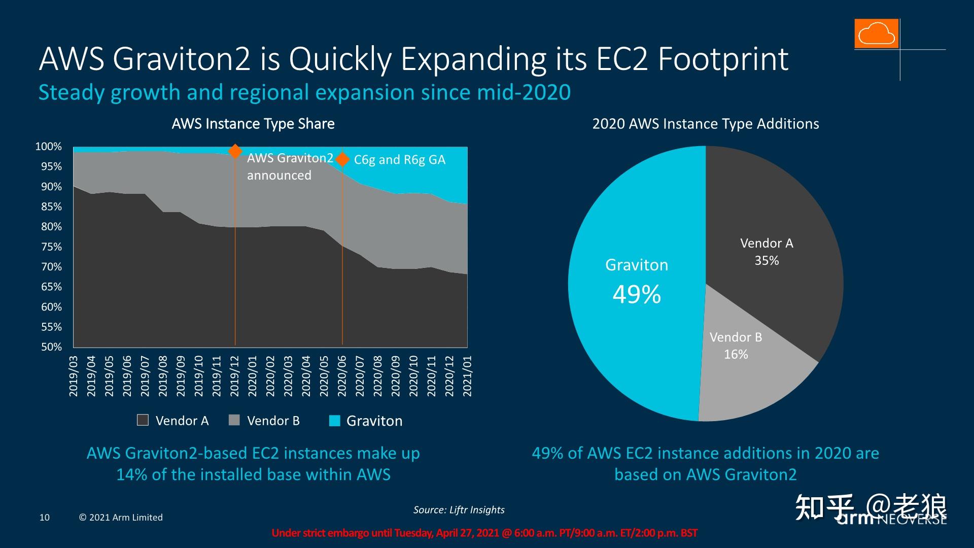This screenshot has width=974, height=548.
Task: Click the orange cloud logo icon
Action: click(876, 33)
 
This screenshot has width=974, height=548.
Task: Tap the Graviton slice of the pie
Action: click(634, 330)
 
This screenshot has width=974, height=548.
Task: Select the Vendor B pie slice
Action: click(751, 375)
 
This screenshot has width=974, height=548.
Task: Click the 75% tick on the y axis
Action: click(51, 247)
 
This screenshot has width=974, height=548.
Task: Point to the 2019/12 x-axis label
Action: click(235, 376)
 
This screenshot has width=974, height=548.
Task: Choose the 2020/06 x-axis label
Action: click(342, 376)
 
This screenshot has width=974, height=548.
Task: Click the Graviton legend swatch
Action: click(334, 421)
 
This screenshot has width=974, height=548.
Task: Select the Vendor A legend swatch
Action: click(143, 420)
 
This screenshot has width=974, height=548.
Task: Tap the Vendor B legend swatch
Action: click(234, 420)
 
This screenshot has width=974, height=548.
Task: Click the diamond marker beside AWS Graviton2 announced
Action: click(235, 151)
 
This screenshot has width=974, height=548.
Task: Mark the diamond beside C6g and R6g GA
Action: click(343, 159)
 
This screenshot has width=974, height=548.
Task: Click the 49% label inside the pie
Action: click(637, 294)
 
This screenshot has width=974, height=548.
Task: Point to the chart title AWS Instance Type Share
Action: click(253, 124)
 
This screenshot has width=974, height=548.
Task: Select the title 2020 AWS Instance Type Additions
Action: click(706, 124)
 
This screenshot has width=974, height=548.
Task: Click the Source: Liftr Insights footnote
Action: click(459, 509)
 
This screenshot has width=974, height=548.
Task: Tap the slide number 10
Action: click(45, 518)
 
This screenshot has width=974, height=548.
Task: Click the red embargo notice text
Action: click(484, 533)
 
